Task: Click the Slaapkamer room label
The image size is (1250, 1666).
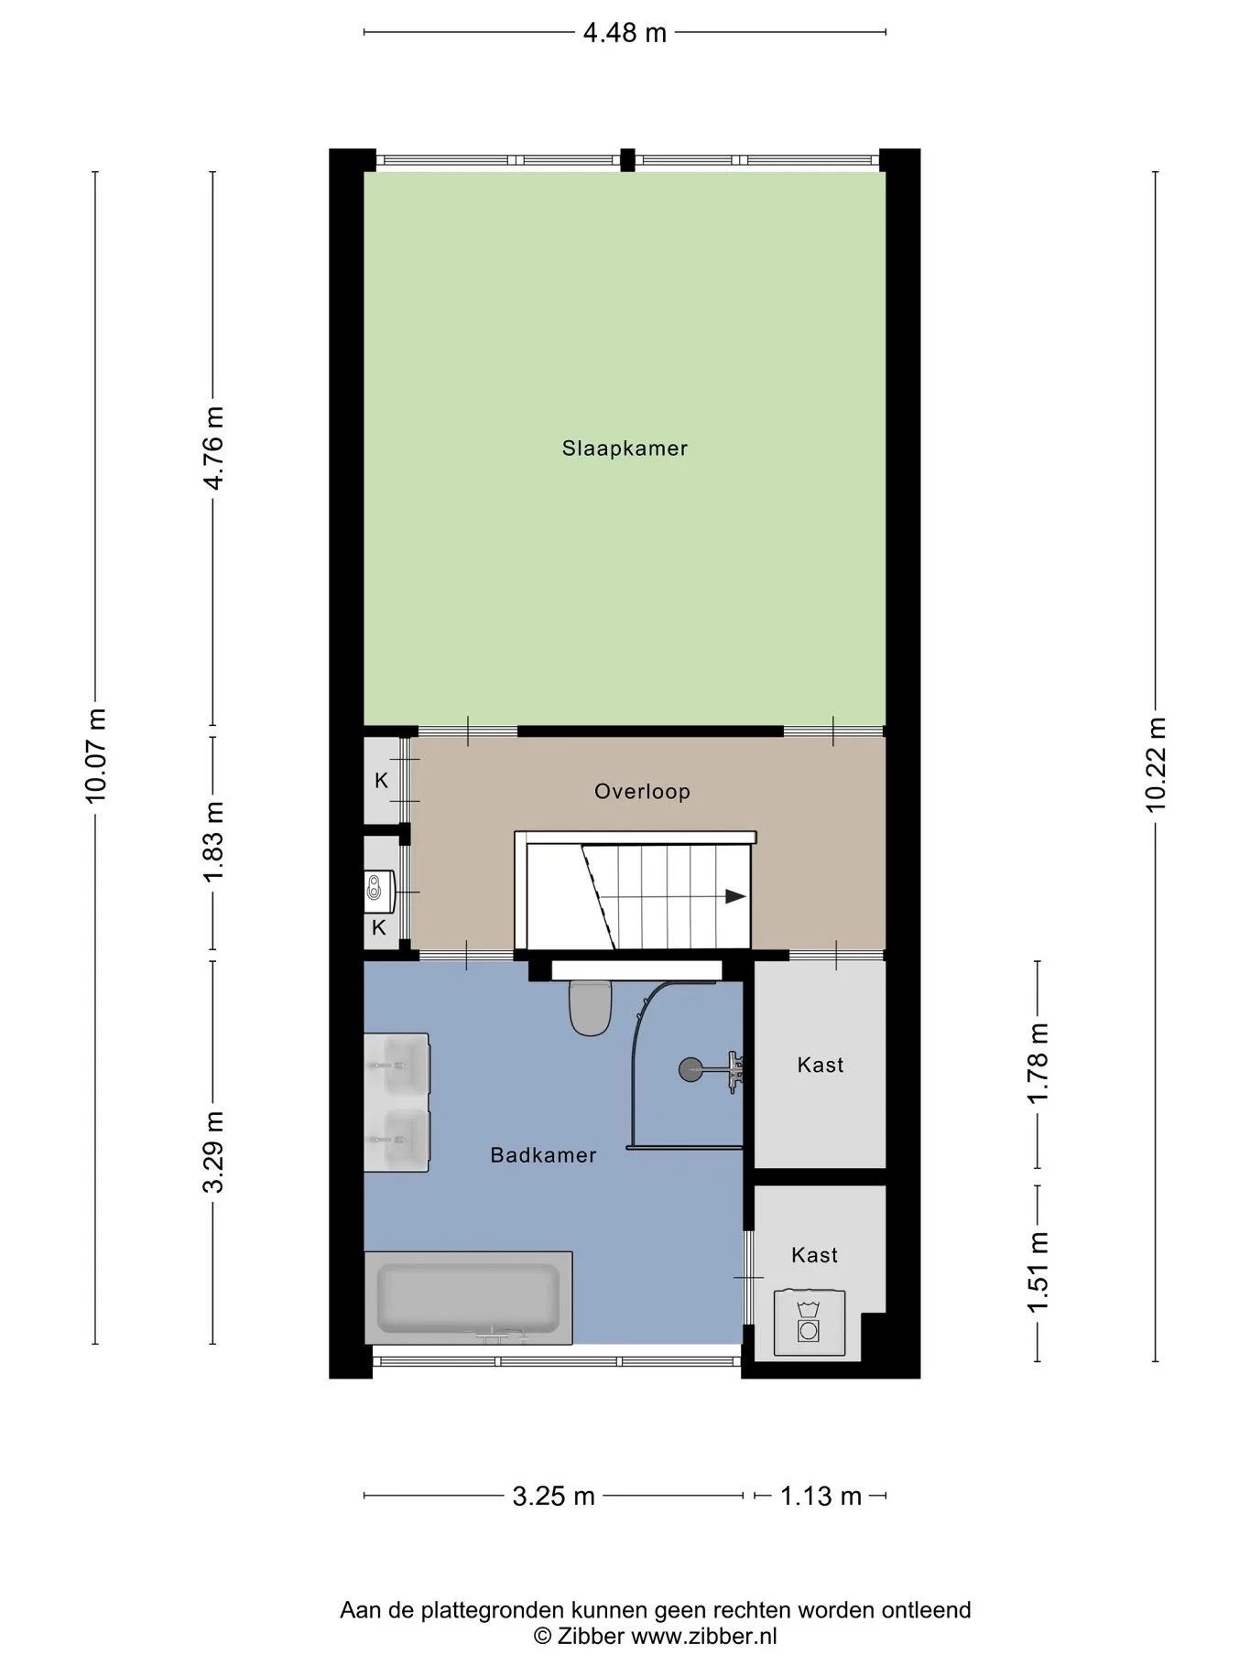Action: (625, 449)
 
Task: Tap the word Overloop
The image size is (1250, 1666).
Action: (642, 792)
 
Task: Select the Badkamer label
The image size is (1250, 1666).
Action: (543, 1155)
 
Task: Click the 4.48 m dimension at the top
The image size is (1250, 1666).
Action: (625, 33)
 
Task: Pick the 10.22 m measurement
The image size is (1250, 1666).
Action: (1156, 764)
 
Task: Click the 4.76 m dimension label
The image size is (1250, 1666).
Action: (213, 448)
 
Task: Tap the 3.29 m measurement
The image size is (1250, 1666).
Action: (213, 1152)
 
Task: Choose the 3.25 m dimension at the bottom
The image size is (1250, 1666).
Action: (553, 1497)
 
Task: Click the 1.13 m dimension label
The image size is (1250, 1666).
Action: (821, 1497)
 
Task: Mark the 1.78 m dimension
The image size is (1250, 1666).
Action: (1038, 1065)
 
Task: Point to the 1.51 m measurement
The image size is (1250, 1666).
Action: (1038, 1272)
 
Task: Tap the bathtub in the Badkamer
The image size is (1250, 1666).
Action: (469, 1299)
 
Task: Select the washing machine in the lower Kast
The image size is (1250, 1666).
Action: (810, 1323)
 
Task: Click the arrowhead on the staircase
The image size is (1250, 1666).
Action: (735, 897)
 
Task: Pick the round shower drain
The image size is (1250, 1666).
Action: (690, 1068)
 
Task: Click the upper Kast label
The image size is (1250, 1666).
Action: (821, 1065)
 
